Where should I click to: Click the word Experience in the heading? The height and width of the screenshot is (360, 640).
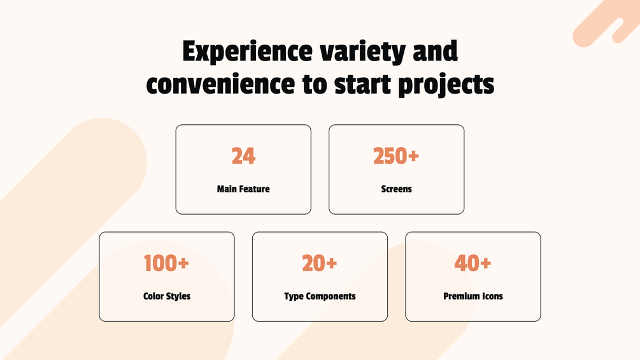[x=247, y=52]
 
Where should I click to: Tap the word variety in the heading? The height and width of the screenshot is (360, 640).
[x=362, y=52]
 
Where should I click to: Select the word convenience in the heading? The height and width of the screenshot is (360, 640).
[x=220, y=84]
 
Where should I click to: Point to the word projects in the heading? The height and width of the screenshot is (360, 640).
[x=446, y=85]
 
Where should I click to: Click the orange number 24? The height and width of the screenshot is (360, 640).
[x=243, y=156]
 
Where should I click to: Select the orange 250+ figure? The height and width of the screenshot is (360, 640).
[x=396, y=156]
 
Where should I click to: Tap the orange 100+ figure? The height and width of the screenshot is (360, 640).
[x=167, y=263]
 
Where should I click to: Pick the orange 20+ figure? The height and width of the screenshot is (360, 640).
[x=320, y=263]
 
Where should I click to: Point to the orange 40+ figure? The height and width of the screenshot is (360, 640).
[x=473, y=263]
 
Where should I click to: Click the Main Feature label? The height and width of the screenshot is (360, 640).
[x=243, y=189]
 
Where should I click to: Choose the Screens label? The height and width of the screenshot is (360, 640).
[x=396, y=189]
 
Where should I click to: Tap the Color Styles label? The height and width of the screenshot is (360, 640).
[x=167, y=296]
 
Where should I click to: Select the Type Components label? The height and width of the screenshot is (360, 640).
[x=320, y=296]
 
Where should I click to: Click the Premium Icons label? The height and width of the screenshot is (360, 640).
[x=473, y=296]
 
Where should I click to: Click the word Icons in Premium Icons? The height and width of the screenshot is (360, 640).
[x=492, y=296]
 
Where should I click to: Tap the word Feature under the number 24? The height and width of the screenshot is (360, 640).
[x=254, y=189]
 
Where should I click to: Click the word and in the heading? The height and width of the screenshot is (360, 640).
[x=435, y=51]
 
